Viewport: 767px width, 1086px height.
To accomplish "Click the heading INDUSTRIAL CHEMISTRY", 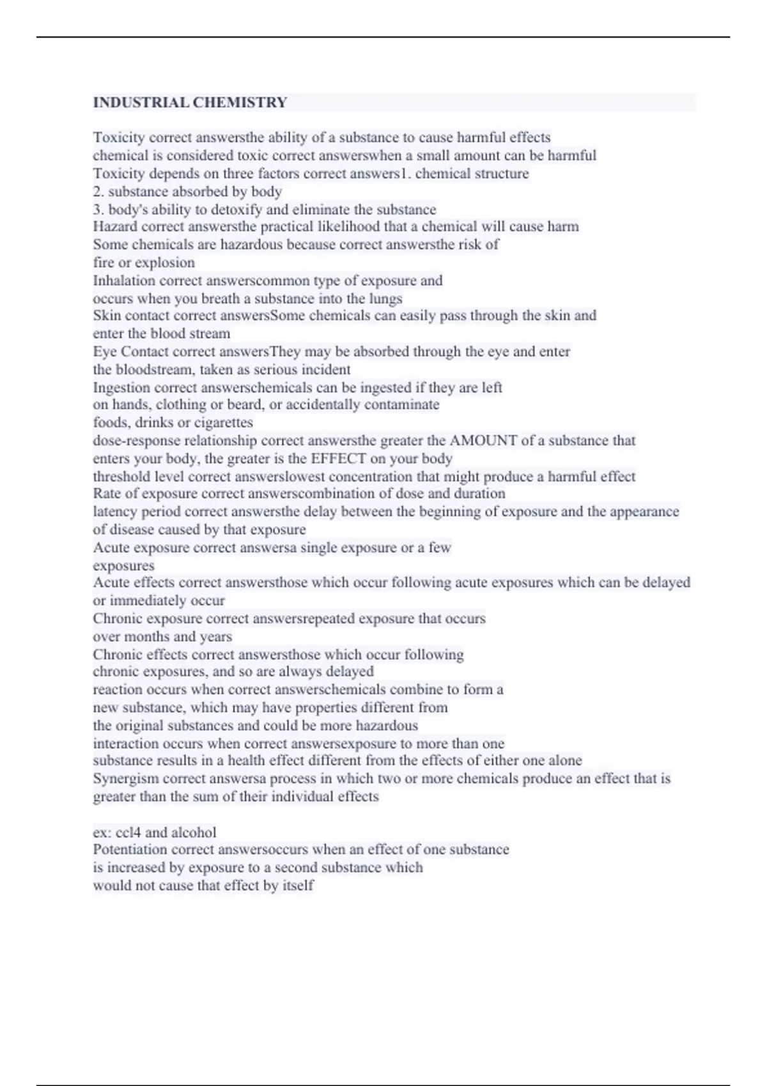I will [190, 102].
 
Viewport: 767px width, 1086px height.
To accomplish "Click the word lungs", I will [386, 298].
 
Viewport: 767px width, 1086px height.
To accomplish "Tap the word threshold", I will [121, 477].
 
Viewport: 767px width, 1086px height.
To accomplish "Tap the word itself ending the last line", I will [298, 885].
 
